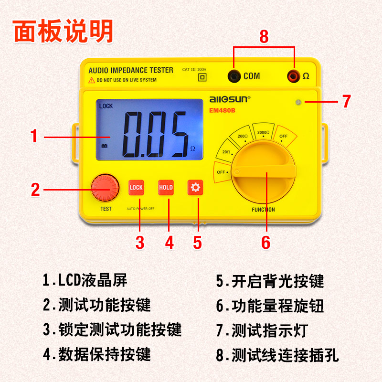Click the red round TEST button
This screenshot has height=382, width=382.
105,187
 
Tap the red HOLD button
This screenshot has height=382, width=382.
166,188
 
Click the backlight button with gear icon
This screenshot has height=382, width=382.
195,188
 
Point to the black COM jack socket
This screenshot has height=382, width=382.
234,75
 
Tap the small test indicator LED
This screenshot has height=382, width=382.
298,102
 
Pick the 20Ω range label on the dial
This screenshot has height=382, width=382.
226,152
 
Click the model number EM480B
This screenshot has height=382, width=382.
223,111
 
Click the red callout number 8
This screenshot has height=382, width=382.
264,36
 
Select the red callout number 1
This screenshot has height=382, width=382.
34,137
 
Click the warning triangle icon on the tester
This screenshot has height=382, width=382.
92,80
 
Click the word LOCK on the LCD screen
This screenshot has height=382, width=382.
106,106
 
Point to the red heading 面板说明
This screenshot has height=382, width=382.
63,32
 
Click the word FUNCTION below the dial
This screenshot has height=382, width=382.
263,210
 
